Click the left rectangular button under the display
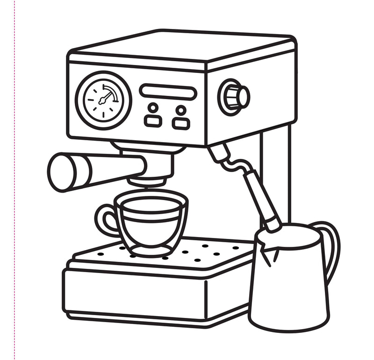tap(152, 122)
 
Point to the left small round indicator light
tap(153, 108)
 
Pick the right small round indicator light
tap(180, 110)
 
